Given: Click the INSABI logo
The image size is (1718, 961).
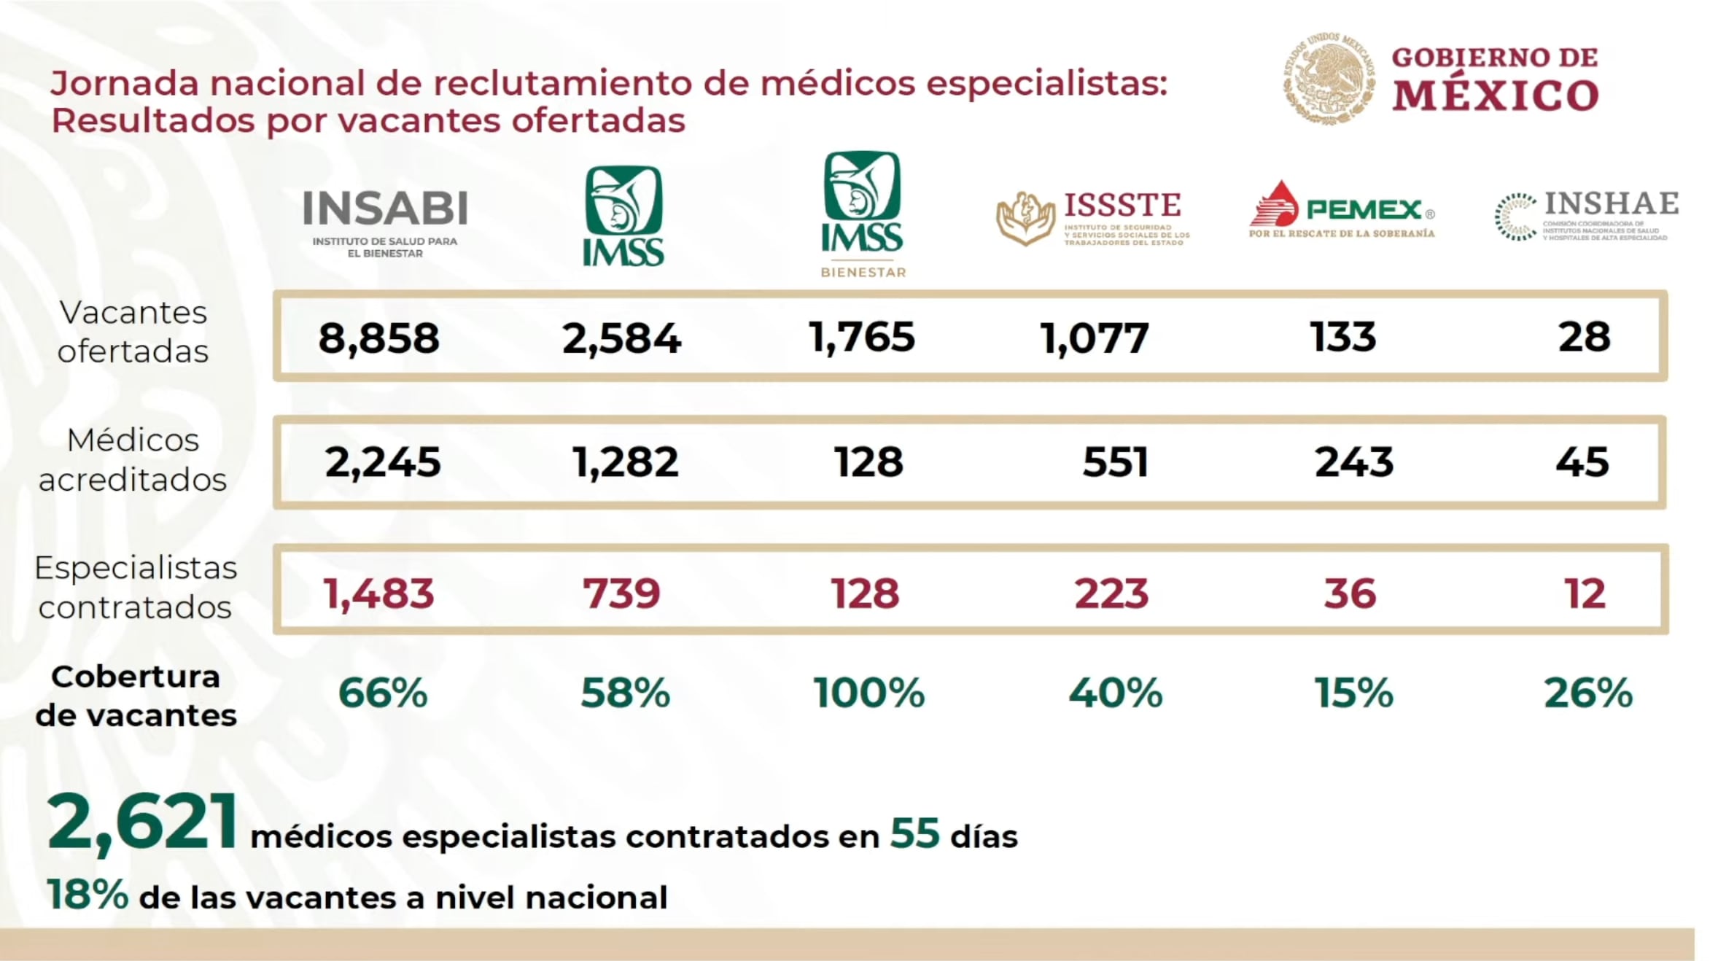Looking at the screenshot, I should (385, 222).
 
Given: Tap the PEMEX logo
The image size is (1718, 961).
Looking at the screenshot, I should (1342, 211).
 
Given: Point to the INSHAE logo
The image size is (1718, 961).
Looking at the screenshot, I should (1587, 216).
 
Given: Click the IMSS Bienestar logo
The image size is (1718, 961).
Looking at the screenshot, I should (863, 214).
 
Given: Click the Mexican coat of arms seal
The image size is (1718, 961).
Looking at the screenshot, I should (1329, 77).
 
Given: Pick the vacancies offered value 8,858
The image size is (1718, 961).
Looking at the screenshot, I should (379, 338).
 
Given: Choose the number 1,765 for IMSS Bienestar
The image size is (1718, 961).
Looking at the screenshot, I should (862, 338).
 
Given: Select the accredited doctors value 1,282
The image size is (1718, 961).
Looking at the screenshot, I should (626, 462).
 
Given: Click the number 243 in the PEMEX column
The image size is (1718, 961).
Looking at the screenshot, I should (1353, 462).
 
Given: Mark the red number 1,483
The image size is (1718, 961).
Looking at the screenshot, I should (379, 594).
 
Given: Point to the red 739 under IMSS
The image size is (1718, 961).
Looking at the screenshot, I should (621, 594).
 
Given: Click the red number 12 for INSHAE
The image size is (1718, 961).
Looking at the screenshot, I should (1584, 594).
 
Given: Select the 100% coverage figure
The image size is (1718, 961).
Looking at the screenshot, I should (868, 693).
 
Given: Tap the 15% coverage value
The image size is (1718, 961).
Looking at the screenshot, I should (1353, 693).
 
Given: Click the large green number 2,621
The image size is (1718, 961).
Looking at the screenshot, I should (142, 824).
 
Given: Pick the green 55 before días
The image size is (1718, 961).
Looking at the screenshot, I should (914, 833).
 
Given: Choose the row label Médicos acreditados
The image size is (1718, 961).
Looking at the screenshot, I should (133, 460).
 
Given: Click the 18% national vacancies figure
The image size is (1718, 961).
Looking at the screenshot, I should (88, 895).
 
